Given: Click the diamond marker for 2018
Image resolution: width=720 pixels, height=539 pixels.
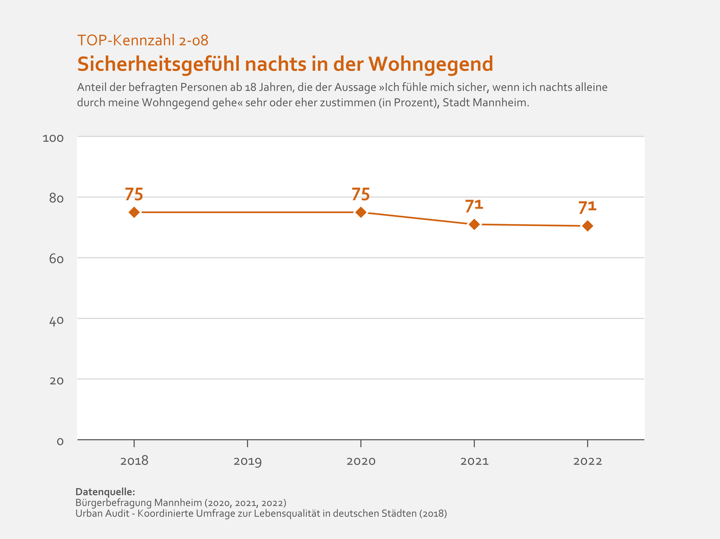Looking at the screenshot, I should [134, 212].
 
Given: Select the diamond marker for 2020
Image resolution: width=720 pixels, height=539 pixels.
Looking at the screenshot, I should [360, 212].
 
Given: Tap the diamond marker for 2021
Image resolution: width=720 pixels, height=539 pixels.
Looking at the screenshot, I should [474, 225].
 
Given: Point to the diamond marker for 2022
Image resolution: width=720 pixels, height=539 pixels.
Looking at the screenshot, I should [587, 226].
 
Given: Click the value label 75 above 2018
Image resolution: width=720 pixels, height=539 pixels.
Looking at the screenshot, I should [134, 194].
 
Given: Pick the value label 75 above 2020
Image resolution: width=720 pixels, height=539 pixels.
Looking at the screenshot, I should [360, 194].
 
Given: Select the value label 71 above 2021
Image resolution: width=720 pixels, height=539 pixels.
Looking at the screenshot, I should [474, 206].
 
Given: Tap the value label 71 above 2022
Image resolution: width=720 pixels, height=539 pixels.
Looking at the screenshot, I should [587, 207].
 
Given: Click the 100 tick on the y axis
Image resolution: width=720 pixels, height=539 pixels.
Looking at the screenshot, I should [53, 138].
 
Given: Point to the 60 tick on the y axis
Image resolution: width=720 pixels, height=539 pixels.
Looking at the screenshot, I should [56, 259].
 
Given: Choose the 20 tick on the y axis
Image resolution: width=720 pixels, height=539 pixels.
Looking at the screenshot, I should [56, 381].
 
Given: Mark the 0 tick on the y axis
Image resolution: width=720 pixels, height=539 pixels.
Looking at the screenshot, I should [60, 442].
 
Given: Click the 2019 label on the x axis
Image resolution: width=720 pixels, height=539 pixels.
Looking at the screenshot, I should [248, 461].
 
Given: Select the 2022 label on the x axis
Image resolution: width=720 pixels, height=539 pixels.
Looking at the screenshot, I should [588, 461].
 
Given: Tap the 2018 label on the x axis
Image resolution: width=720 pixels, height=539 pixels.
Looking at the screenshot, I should [134, 461].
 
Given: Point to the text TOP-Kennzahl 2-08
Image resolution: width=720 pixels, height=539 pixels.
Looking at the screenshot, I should [143, 40].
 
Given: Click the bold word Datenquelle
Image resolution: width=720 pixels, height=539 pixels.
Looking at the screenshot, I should [105, 492].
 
